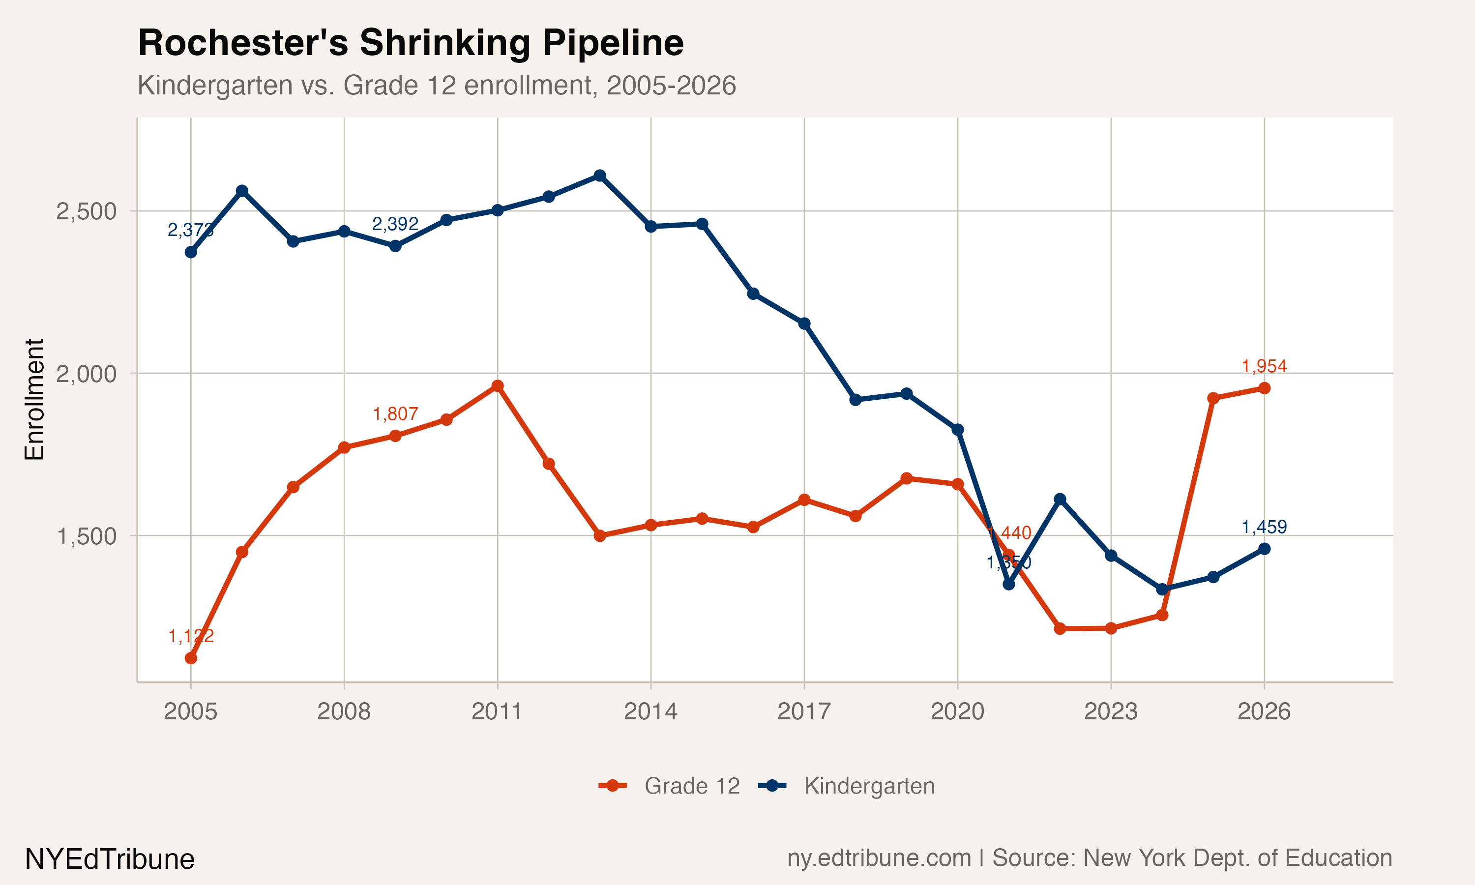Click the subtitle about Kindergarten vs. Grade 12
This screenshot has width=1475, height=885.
(437, 85)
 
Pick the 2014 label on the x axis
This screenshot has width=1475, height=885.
(650, 711)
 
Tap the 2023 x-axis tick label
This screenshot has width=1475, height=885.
(1111, 711)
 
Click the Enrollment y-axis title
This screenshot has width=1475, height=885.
(34, 400)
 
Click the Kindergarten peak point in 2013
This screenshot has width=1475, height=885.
(600, 176)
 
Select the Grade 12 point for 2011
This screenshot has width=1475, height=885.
(497, 386)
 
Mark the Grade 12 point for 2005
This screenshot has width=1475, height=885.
(191, 658)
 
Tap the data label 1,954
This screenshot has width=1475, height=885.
(1264, 366)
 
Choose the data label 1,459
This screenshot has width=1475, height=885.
(1264, 527)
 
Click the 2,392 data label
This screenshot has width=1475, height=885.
(395, 224)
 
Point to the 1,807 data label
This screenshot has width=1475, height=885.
(395, 414)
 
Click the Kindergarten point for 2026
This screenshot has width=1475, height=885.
(1264, 549)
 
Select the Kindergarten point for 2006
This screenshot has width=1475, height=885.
(241, 191)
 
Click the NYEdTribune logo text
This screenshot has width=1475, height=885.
(110, 859)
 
